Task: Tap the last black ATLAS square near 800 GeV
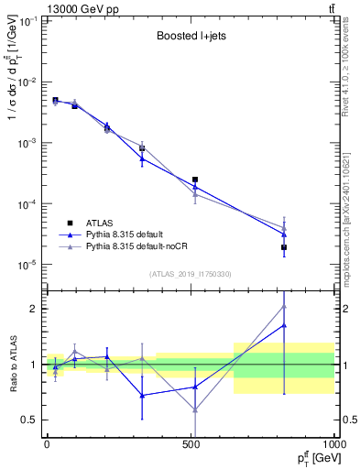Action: pyautogui.click(x=284, y=247)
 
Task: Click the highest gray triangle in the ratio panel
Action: pyautogui.click(x=284, y=307)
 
